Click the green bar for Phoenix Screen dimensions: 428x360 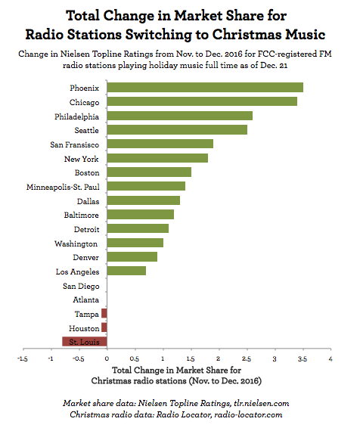(204, 87)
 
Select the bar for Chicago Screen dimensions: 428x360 (201, 101)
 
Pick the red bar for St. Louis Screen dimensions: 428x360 (84, 342)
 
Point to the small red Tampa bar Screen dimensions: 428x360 (104, 313)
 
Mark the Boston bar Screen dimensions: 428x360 (149, 172)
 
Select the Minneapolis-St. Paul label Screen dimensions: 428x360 (64, 186)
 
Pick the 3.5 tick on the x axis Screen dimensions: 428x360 (303, 359)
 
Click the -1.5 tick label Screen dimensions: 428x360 (23, 359)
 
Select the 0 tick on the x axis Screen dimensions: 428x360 (107, 359)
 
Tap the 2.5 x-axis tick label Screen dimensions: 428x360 (247, 359)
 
